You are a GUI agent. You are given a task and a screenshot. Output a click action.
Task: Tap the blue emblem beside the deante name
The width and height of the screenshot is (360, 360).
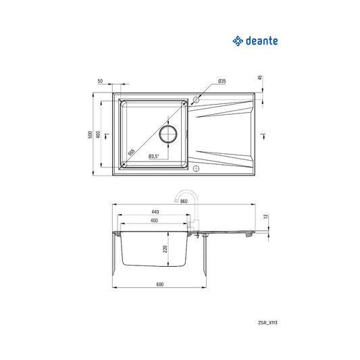(x=237, y=42)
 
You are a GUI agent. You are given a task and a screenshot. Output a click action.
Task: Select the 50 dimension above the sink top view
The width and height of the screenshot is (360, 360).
(x=100, y=81)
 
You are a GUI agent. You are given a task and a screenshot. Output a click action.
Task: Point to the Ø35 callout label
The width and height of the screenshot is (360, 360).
(x=222, y=81)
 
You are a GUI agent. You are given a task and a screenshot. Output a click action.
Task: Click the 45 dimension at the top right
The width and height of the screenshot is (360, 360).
(x=260, y=78)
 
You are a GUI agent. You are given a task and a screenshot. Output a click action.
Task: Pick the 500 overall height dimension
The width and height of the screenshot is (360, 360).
(x=90, y=134)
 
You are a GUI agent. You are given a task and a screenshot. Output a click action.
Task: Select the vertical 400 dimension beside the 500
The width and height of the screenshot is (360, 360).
(x=98, y=134)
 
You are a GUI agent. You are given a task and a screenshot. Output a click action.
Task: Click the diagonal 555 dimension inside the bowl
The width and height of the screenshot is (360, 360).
(x=132, y=152)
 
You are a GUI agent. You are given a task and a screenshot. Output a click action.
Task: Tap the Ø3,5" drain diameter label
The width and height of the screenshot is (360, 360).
(x=154, y=156)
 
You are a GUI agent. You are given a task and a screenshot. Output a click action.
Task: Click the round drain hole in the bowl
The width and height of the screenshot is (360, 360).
(x=168, y=133)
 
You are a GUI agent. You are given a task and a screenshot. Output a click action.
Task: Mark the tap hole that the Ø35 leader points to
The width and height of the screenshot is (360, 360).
(x=196, y=101)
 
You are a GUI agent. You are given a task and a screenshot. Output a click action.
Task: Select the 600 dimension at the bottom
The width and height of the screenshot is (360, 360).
(x=159, y=284)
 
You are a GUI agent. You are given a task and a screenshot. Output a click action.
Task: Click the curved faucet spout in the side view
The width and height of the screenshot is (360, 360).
(x=184, y=197)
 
